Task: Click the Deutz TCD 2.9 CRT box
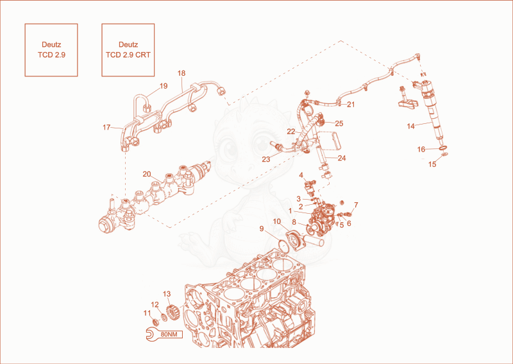[128, 50]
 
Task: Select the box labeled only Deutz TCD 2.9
[51, 50]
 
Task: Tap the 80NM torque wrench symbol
[164, 334]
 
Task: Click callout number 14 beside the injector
[410, 126]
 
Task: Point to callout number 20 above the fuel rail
[147, 174]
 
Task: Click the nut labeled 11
[156, 322]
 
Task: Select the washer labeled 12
[164, 317]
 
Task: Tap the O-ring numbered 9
[283, 246]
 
